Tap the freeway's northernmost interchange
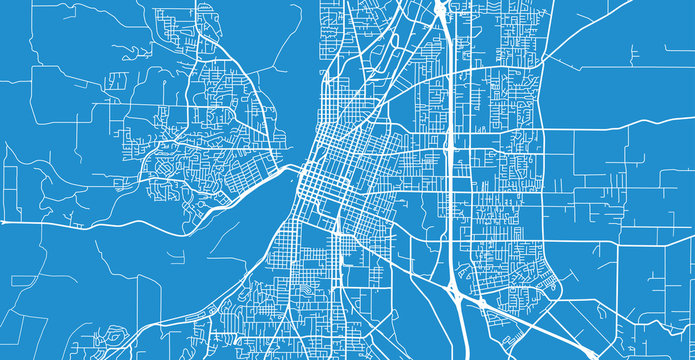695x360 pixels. [440, 12]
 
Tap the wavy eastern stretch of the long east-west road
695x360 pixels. [640, 124]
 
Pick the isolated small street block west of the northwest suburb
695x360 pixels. [118, 80]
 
